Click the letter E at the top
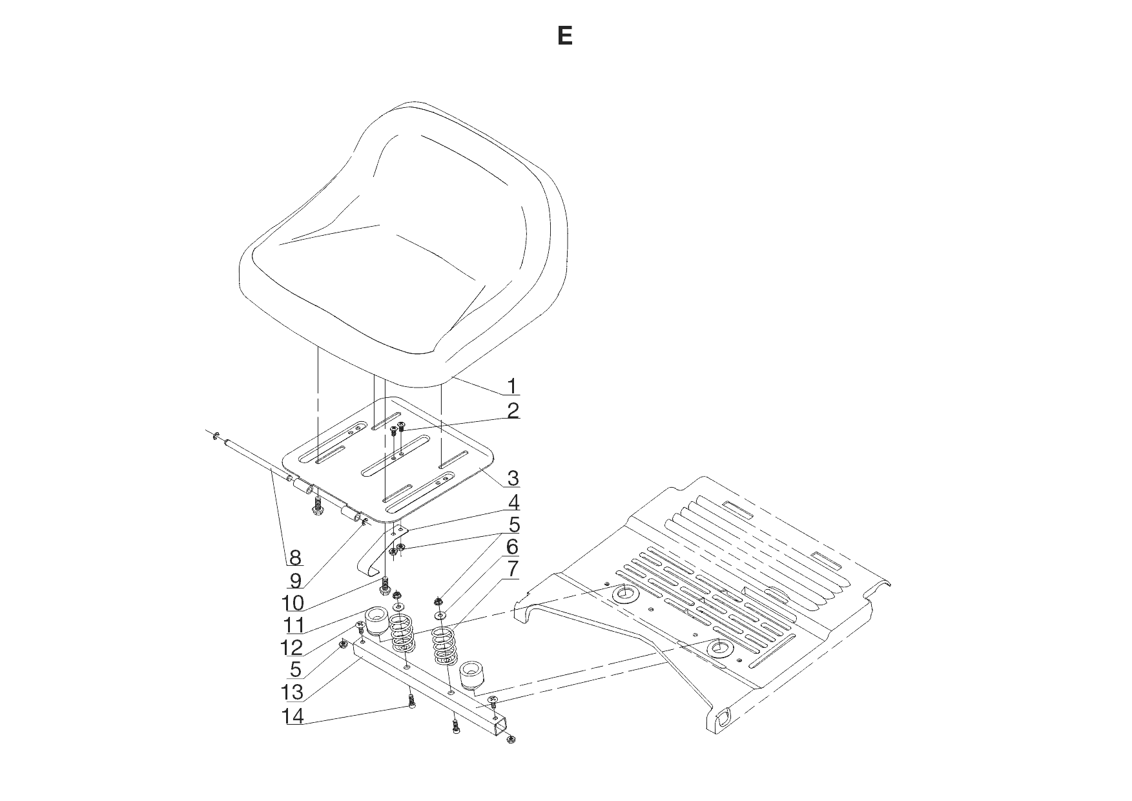click(x=565, y=36)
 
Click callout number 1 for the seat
click(x=511, y=386)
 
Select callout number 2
click(x=513, y=410)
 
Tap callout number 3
click(x=513, y=479)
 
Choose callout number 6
click(x=512, y=547)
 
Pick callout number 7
click(x=513, y=570)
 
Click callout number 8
click(x=295, y=557)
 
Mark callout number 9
click(x=295, y=580)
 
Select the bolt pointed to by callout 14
click(x=411, y=701)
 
